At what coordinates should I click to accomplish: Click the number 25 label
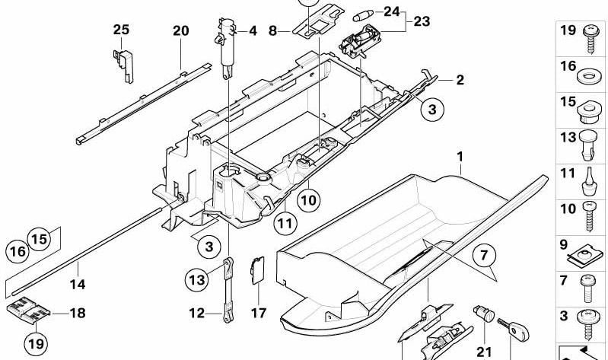pyautogui.click(x=122, y=30)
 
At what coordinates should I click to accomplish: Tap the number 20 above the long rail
pyautogui.click(x=180, y=31)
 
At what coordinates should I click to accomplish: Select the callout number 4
pyautogui.click(x=253, y=31)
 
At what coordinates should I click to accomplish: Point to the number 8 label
pyautogui.click(x=272, y=32)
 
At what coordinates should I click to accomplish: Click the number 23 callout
pyautogui.click(x=421, y=22)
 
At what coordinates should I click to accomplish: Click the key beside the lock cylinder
pyautogui.click(x=515, y=328)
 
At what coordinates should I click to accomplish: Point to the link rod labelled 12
pyautogui.click(x=226, y=289)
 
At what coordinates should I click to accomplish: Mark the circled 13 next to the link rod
pyautogui.click(x=196, y=280)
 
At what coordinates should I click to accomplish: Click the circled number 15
pyautogui.click(x=40, y=237)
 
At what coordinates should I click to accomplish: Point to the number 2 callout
pyautogui.click(x=460, y=80)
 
